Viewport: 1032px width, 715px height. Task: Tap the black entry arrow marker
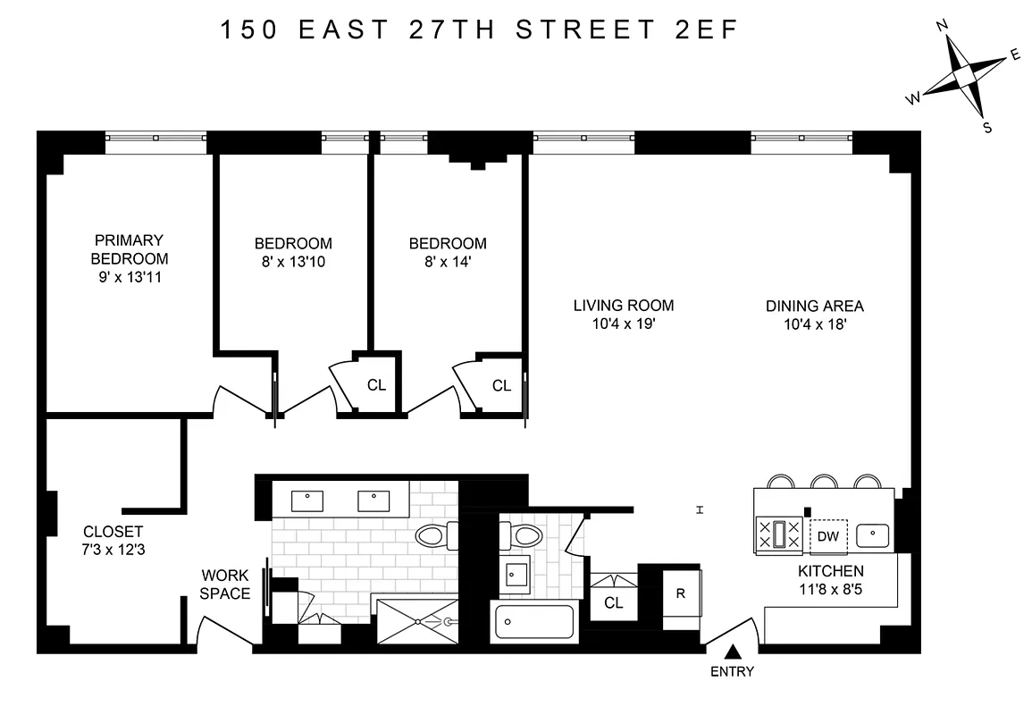pyautogui.click(x=733, y=653)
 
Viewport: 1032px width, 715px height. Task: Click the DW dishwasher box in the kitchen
pyautogui.click(x=827, y=536)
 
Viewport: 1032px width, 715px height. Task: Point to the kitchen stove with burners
pyautogui.click(x=778, y=535)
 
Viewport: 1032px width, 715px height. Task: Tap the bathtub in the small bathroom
pyautogui.click(x=534, y=622)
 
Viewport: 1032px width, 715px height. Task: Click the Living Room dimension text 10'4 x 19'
pyautogui.click(x=623, y=325)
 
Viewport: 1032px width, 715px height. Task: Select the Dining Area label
pyautogui.click(x=814, y=306)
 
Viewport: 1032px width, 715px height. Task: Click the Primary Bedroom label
pyautogui.click(x=129, y=249)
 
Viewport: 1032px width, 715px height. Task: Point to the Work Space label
pyautogui.click(x=224, y=585)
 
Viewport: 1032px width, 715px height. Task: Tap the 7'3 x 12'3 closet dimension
pyautogui.click(x=113, y=551)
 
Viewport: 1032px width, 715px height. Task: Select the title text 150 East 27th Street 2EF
pyautogui.click(x=479, y=30)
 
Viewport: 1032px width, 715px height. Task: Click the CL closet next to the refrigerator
pyautogui.click(x=613, y=602)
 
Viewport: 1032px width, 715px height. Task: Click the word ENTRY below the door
pyautogui.click(x=733, y=672)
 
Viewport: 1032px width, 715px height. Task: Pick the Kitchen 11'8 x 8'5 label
pyautogui.click(x=830, y=580)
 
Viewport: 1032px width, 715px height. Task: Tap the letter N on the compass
pyautogui.click(x=941, y=26)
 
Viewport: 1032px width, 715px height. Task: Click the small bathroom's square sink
pyautogui.click(x=515, y=572)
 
